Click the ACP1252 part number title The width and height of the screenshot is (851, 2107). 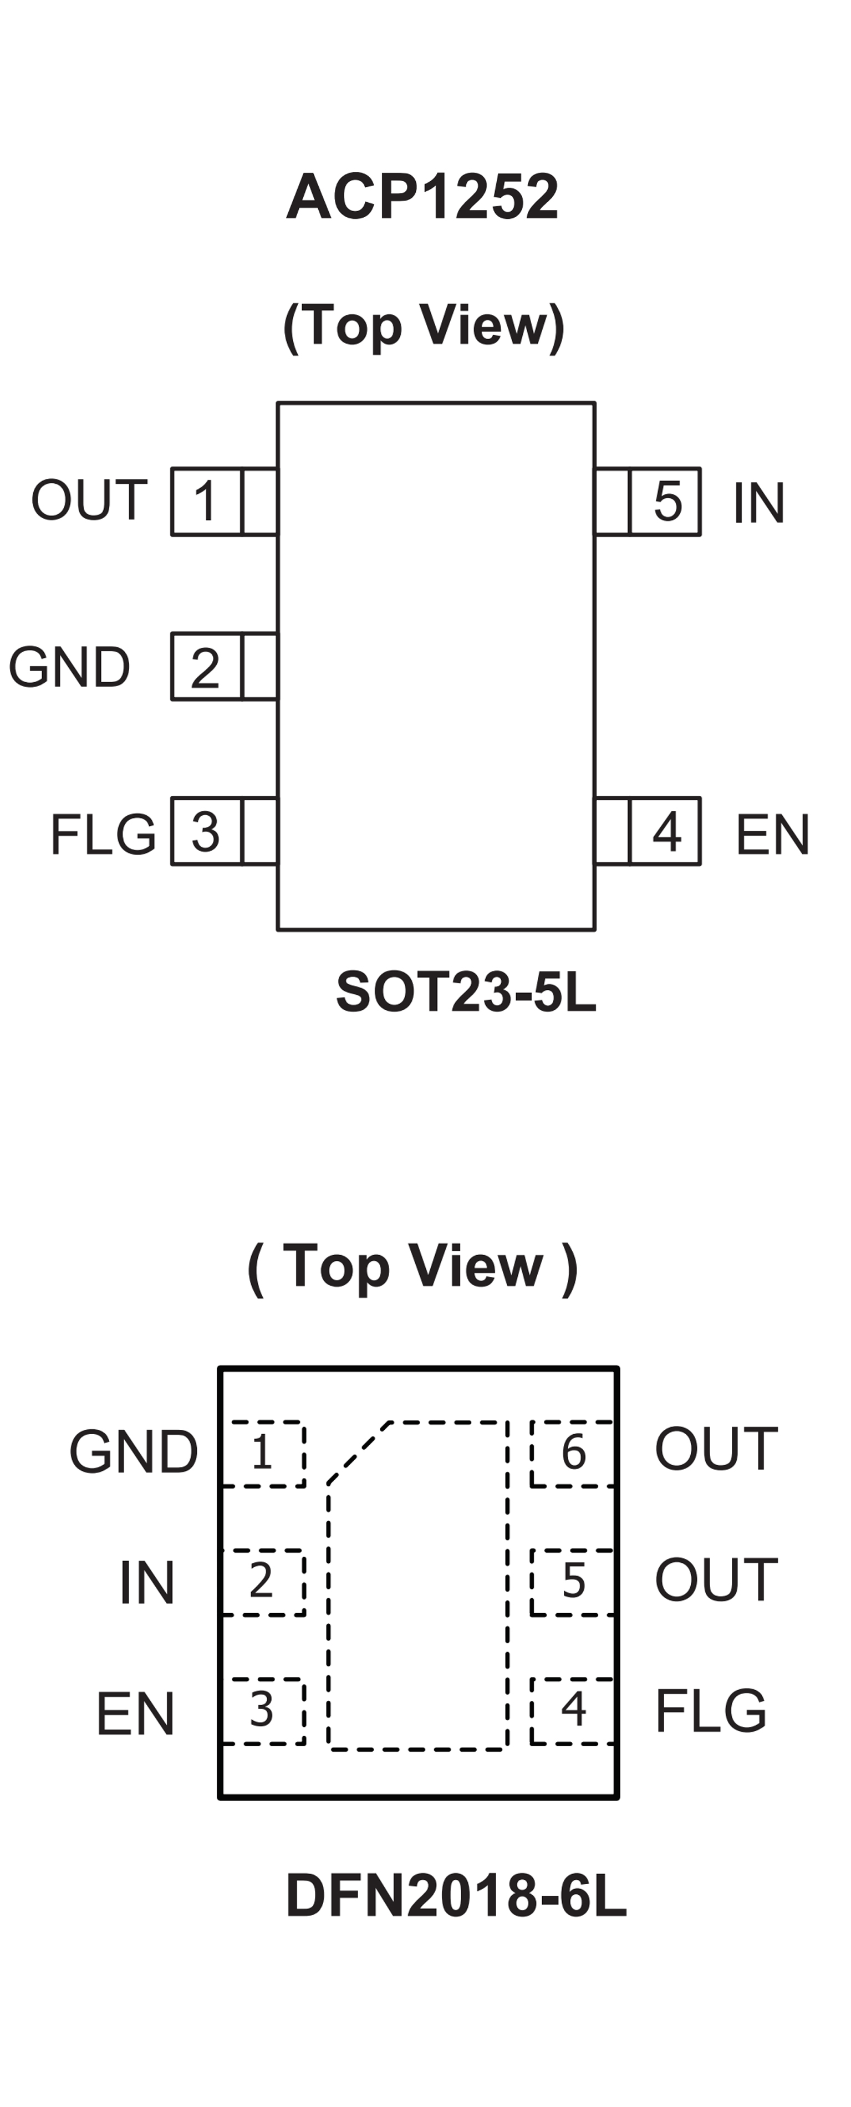(422, 197)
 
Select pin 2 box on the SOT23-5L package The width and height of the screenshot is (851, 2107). (206, 667)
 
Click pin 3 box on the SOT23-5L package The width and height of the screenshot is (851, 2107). (206, 831)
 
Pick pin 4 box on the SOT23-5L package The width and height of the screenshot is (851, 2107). (665, 831)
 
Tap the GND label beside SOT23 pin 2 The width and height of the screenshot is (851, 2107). (69, 667)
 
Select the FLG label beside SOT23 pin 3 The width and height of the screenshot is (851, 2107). (102, 833)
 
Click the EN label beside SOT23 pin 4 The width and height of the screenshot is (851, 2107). (772, 833)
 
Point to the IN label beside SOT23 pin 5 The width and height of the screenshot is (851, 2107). (758, 502)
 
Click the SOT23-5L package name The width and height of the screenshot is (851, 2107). (466, 991)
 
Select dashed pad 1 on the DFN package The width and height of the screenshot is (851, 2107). (263, 1454)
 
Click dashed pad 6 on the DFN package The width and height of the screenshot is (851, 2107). (572, 1454)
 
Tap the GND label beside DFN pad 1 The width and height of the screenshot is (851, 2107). (134, 1452)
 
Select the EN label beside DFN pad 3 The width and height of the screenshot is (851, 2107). (135, 1713)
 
